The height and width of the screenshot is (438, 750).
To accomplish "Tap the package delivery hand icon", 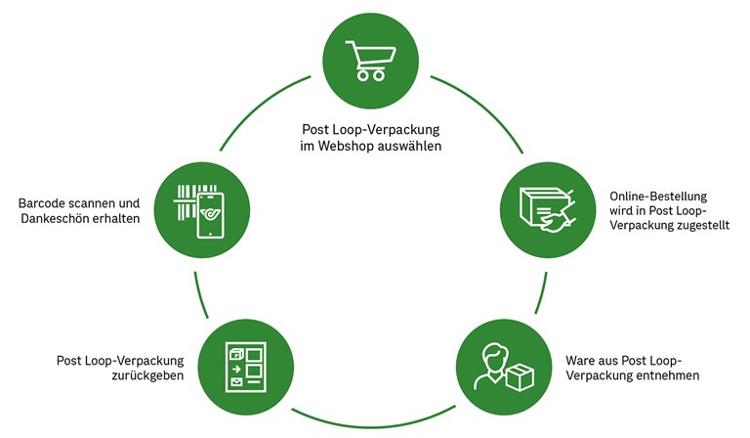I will point(543,209).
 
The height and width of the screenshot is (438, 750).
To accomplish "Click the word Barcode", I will point(46,202).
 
